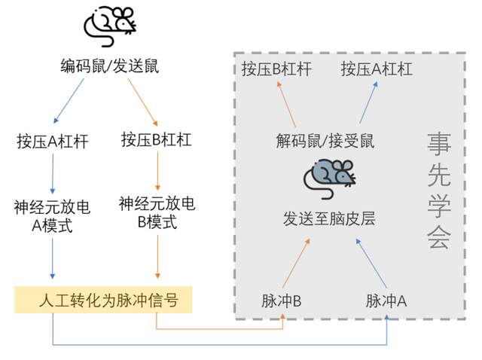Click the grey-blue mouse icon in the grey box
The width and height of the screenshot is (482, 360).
(329, 175)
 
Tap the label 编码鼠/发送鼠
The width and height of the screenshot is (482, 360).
(110, 66)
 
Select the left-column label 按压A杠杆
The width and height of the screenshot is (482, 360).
(52, 141)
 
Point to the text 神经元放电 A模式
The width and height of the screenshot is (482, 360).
(52, 215)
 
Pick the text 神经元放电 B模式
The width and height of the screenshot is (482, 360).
(157, 212)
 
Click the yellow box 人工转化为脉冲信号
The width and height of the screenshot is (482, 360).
(104, 302)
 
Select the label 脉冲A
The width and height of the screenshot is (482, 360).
(386, 301)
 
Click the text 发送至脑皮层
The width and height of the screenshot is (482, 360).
(329, 219)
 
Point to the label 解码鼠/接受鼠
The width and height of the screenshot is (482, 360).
(325, 140)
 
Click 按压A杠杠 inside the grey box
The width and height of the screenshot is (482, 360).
(377, 69)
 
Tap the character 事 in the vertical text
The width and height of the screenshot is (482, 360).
(438, 142)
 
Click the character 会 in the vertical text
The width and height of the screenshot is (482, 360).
(438, 237)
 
